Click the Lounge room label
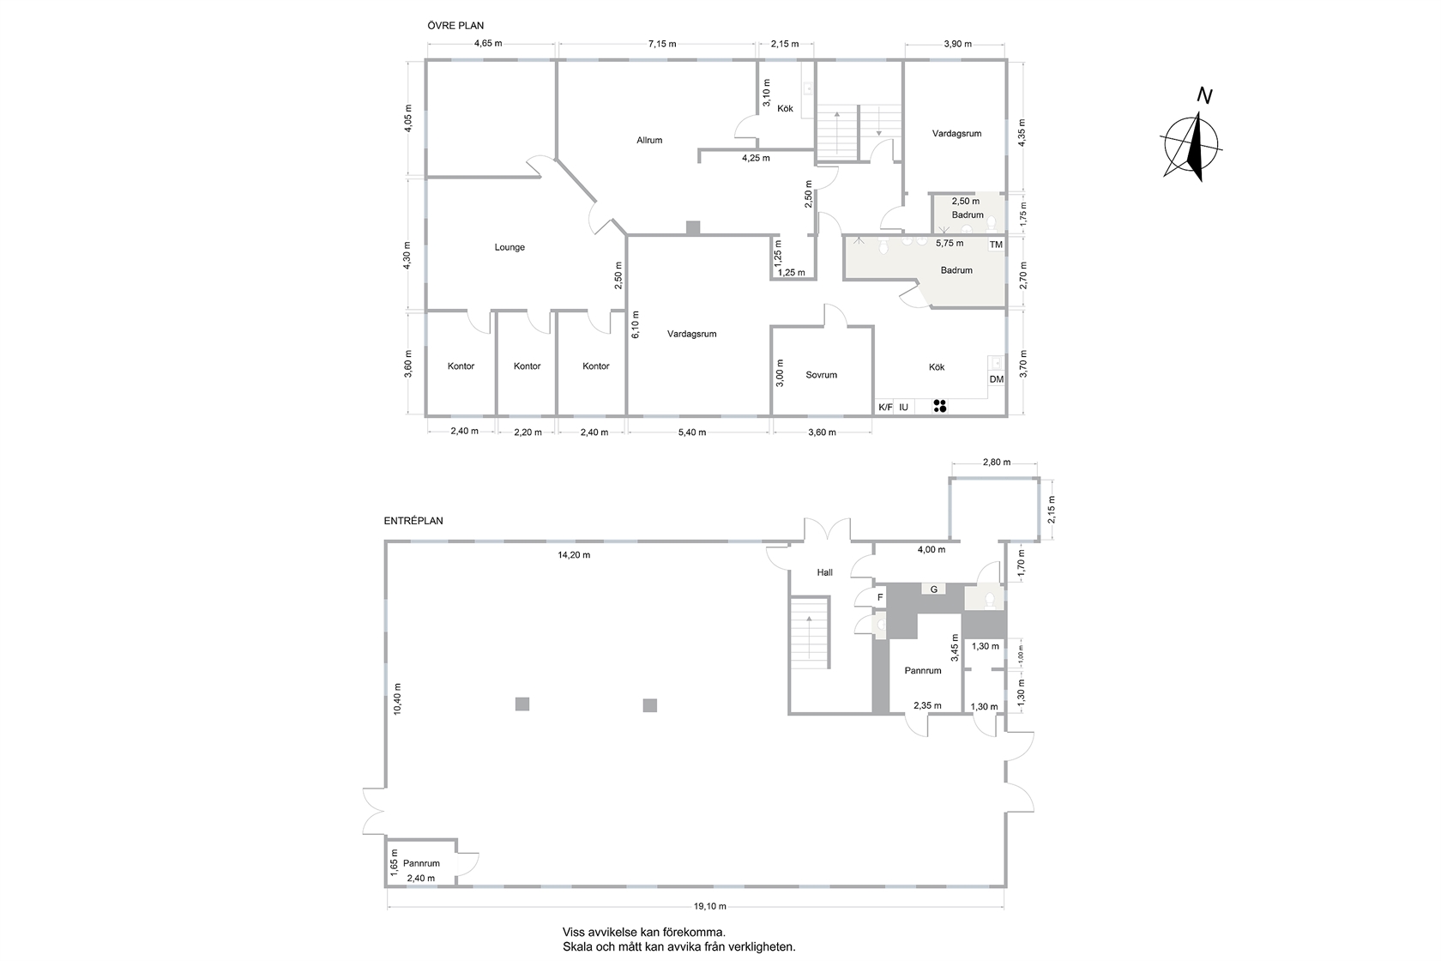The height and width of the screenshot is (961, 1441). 509,247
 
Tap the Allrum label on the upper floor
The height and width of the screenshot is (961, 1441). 649,141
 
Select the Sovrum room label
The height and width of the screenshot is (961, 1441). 822,375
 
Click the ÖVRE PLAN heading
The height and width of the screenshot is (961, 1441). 455,26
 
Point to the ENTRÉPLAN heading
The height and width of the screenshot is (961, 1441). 413,522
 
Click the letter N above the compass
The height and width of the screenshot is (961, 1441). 1204,96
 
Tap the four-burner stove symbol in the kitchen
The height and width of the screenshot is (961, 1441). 940,406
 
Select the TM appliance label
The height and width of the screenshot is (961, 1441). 996,245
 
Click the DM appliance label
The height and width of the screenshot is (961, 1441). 997,380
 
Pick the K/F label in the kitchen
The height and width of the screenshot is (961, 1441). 886,408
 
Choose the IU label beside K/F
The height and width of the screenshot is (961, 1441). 904,408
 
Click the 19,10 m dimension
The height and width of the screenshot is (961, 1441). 709,906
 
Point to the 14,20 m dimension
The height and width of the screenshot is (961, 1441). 573,555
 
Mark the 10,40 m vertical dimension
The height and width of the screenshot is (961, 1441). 397,698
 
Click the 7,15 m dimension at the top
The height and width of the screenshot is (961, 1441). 662,44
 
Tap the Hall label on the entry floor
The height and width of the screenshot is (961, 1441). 825,572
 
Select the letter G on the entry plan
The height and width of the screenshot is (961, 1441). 933,589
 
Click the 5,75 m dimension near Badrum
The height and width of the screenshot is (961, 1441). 950,244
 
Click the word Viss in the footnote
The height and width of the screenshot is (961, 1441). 574,932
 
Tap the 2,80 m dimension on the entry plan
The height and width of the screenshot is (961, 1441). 997,462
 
